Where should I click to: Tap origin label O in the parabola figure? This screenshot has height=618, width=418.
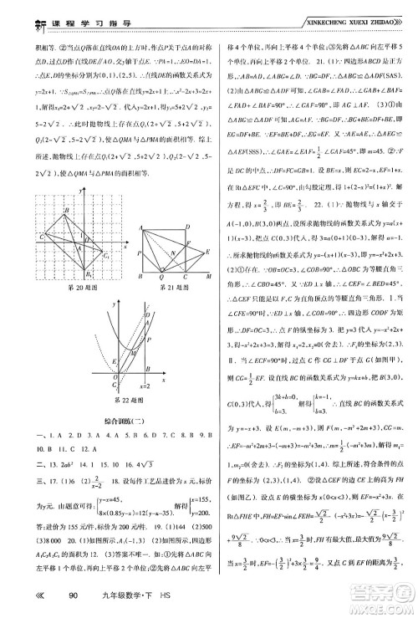coord(99,378)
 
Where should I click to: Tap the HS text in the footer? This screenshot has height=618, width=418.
coord(191,595)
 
